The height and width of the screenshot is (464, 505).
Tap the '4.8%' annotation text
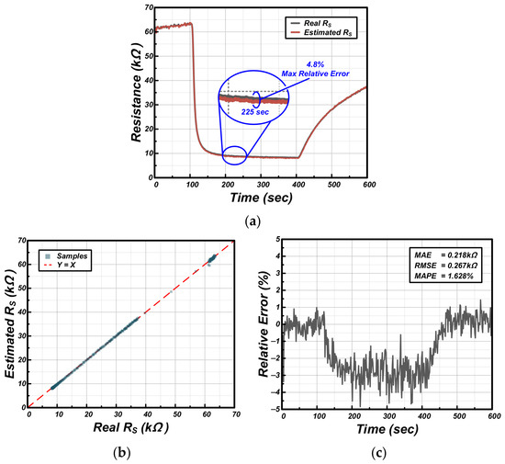tap(315, 64)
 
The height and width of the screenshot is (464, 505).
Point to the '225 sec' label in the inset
tap(255, 112)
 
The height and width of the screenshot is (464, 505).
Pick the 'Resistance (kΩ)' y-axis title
tap(136, 92)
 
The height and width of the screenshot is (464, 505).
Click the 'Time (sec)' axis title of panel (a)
tap(261, 198)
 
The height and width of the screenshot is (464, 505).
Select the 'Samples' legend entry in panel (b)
tap(66, 256)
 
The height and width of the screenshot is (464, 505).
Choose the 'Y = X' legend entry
tap(61, 266)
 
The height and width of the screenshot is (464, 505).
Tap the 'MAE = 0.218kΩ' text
tap(445, 255)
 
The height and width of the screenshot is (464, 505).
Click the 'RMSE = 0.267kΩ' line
tap(445, 266)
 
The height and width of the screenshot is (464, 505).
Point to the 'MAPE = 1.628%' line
tap(443, 276)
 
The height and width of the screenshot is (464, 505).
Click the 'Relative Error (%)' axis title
tap(264, 324)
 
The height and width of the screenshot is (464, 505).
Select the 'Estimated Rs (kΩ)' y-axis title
tap(11, 323)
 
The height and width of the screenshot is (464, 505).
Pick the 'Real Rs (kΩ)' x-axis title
tap(131, 428)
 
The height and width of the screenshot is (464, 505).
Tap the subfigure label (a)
tap(252, 221)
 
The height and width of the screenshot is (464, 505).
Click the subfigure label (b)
tap(122, 453)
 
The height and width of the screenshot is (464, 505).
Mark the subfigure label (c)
tap(378, 453)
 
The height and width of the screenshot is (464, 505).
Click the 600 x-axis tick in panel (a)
tap(369, 185)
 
